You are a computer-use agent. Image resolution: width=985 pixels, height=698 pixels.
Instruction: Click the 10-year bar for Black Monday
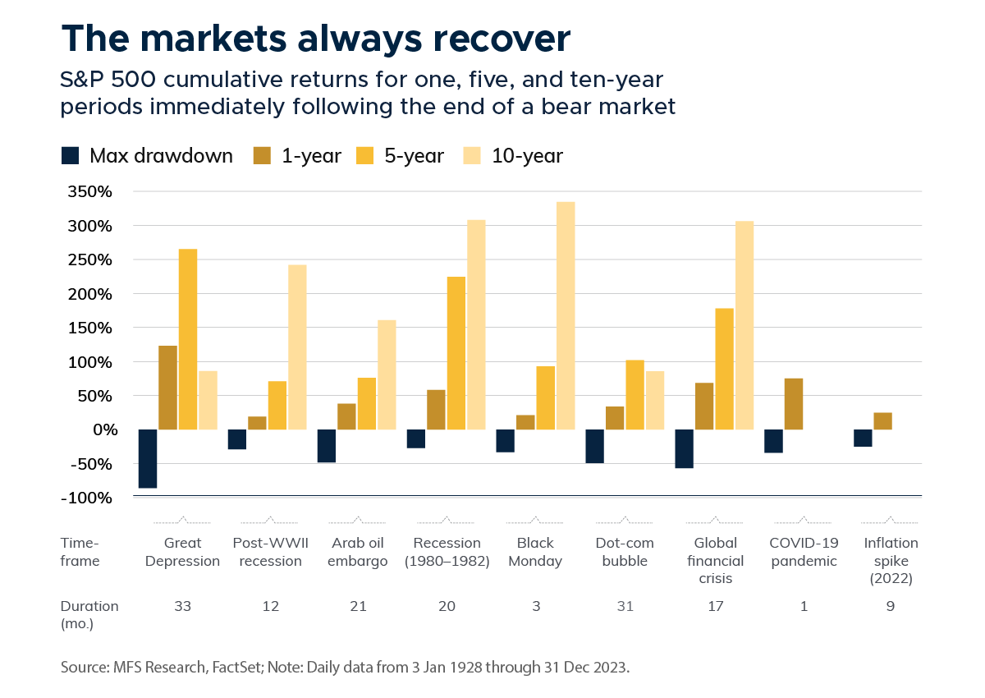566,315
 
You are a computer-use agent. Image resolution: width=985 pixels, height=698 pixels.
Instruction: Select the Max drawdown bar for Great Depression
149,458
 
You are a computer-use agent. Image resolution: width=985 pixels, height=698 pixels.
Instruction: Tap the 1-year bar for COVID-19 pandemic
793,404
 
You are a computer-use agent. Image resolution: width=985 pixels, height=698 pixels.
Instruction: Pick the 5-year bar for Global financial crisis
724,369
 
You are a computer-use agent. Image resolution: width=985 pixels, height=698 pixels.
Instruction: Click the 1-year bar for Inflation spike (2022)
882,421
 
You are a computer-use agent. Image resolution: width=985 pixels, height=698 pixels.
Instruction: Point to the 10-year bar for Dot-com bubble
654,401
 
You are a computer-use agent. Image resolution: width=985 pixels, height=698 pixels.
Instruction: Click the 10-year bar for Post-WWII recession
297,347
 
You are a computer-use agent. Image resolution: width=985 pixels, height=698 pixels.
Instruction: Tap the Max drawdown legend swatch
71,155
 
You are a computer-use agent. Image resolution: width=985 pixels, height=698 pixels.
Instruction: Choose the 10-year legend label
527,155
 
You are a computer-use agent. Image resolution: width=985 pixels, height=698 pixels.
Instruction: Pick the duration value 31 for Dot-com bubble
625,606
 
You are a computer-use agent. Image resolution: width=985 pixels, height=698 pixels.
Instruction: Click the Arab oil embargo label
360,552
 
